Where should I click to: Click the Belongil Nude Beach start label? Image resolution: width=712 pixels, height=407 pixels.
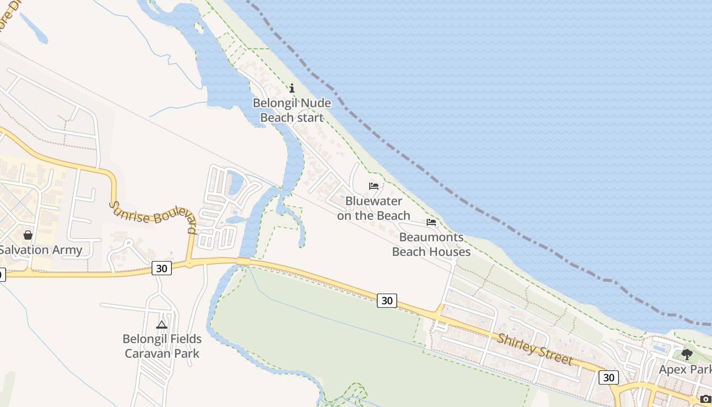pyautogui.click(x=292, y=110)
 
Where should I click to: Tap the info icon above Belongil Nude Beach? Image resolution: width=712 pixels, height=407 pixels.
pyautogui.click(x=292, y=89)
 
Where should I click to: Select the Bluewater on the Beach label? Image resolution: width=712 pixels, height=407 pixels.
pyautogui.click(x=373, y=208)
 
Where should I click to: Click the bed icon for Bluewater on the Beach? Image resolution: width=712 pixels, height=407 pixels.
pyautogui.click(x=374, y=186)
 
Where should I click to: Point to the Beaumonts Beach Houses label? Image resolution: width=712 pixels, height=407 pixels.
pyautogui.click(x=431, y=244)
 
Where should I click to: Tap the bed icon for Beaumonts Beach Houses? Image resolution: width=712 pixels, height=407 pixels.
pyautogui.click(x=431, y=222)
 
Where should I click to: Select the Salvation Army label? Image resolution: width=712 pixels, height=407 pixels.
pyautogui.click(x=41, y=250)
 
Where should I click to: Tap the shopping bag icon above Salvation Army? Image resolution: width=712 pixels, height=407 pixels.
pyautogui.click(x=28, y=235)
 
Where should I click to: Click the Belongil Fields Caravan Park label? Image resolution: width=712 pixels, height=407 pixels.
pyautogui.click(x=162, y=346)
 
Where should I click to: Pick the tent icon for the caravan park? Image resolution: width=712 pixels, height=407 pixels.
pyautogui.click(x=162, y=325)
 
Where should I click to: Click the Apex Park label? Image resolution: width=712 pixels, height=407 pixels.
pyautogui.click(x=685, y=369)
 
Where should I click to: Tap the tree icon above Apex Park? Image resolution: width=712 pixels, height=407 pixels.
pyautogui.click(x=687, y=355)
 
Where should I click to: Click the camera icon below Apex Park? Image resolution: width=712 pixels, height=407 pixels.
pyautogui.click(x=705, y=399)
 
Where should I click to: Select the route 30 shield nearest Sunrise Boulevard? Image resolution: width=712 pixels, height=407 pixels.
pyautogui.click(x=162, y=268)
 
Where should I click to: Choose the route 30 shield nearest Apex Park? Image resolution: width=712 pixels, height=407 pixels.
pyautogui.click(x=608, y=377)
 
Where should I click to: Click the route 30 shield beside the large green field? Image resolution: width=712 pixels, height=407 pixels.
pyautogui.click(x=387, y=301)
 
